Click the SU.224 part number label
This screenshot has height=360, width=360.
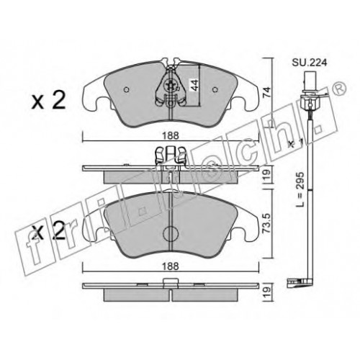[x=309, y=63]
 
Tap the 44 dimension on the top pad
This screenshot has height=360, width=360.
[x=194, y=85]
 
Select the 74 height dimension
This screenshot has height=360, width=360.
[x=267, y=92]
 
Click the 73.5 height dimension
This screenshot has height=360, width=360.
[x=267, y=223]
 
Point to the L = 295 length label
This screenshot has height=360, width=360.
[x=300, y=189]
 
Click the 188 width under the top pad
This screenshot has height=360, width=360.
[x=171, y=136]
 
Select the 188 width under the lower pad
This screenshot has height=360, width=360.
[x=171, y=266]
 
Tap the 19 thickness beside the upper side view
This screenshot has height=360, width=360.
[x=267, y=175]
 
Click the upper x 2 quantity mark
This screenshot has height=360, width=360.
[x=48, y=101]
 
